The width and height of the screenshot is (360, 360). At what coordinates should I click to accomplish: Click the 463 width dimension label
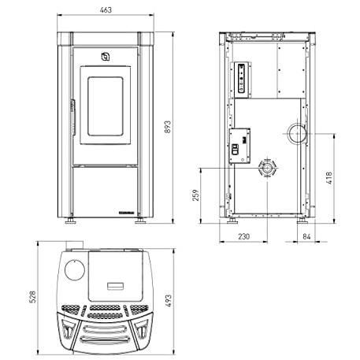[106, 10]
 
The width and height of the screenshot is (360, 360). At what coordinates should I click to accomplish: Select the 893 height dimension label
[168, 127]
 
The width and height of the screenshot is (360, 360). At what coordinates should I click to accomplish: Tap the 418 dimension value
[328, 178]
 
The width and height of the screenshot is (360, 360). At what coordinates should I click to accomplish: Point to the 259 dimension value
[196, 195]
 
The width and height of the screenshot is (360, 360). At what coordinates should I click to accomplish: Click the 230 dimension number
[244, 236]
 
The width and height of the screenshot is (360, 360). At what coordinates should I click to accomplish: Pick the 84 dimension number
[306, 236]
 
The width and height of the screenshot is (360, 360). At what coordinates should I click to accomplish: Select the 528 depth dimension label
[32, 297]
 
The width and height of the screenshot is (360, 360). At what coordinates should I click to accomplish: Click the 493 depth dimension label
[168, 301]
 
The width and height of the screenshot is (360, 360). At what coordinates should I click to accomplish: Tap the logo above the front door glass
[106, 57]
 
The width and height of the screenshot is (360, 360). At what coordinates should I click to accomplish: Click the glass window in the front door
[106, 106]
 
